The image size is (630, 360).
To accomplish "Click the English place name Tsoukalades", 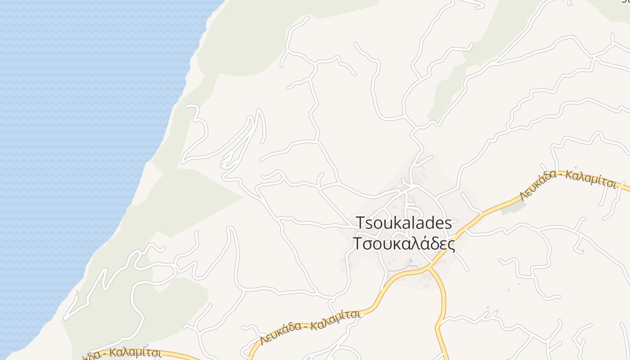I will pos(403,223).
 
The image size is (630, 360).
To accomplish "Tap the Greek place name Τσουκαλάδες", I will pos(403,243).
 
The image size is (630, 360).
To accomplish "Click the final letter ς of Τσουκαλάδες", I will pos(451,244).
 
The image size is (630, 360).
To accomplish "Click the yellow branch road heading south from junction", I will pos(443,306).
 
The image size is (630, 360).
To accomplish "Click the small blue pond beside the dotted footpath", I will pos(410,261).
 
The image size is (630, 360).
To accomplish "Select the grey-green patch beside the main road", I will pos(513,207).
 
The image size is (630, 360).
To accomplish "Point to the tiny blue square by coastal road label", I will pos(147,346).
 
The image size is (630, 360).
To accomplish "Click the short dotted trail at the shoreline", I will pos(77,293).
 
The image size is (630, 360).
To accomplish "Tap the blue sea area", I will pos(67,135).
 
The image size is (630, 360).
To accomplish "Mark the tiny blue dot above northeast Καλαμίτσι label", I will pos(575,167).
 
